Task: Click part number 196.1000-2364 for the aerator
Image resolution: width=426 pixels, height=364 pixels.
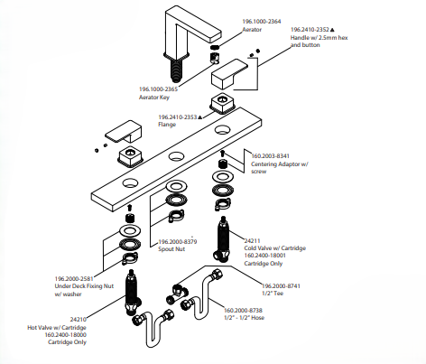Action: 262,22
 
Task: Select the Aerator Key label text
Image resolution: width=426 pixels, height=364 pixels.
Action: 154,98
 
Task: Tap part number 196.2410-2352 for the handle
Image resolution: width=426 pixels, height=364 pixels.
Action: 310,30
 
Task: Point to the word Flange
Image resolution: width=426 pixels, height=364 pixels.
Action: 167,125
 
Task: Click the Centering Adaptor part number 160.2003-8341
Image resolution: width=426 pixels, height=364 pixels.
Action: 270,156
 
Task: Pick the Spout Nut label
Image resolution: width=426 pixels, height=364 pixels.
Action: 171,249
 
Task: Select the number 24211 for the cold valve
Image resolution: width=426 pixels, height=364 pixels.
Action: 252,241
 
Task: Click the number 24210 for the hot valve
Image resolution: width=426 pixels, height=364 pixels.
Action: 79,320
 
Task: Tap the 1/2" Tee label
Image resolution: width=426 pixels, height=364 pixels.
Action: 273,294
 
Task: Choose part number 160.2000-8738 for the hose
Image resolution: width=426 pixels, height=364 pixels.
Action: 243,310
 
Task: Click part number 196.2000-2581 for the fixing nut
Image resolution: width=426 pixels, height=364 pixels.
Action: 74,279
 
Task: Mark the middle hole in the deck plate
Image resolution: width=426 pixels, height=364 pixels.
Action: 176,156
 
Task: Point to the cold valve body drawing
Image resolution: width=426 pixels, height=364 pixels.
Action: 223,239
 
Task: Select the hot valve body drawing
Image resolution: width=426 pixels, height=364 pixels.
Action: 132,293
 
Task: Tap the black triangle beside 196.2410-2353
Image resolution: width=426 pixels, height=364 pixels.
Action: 199,117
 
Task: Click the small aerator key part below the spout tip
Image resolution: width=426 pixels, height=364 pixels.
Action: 214,57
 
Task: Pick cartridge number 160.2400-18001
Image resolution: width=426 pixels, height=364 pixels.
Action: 265,256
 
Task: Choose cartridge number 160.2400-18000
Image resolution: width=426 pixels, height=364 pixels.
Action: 66,335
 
